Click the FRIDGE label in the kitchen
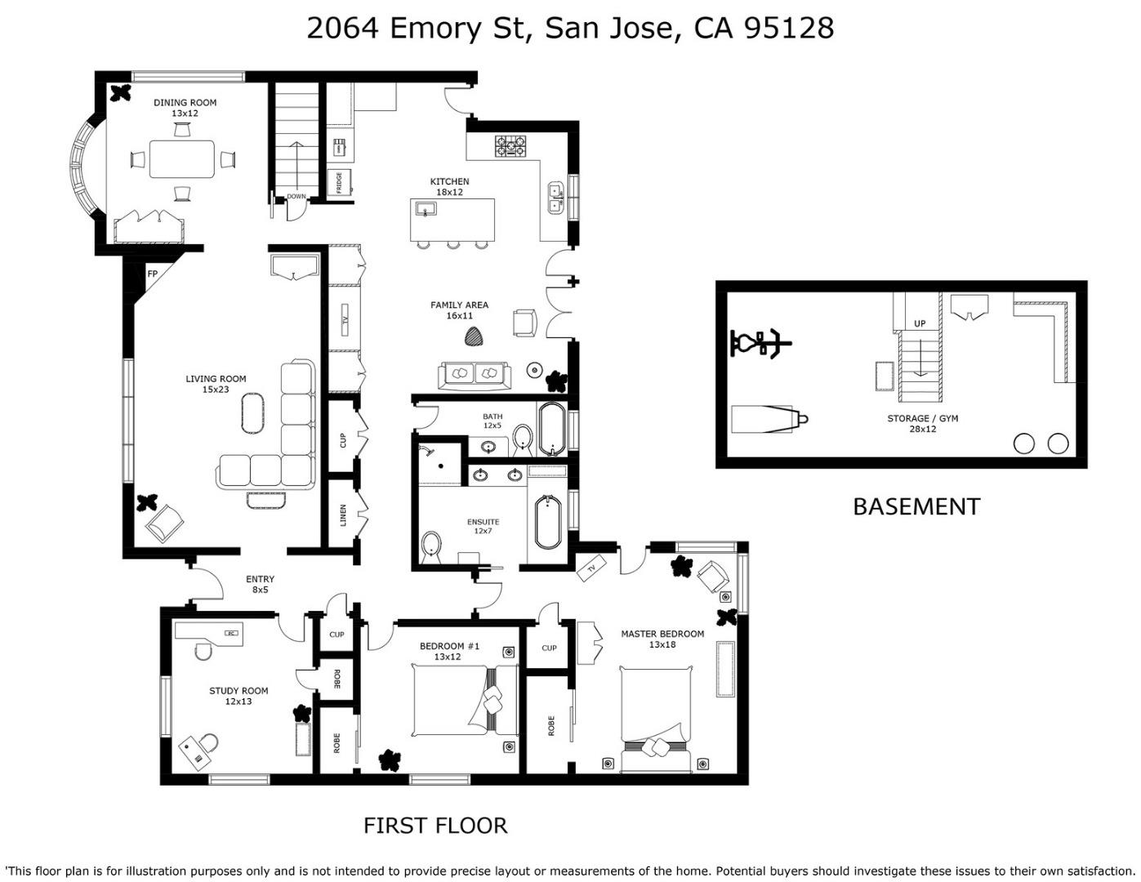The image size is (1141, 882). tap(339, 182)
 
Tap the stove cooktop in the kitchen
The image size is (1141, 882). tap(510, 146)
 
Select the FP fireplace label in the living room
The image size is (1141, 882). tap(152, 274)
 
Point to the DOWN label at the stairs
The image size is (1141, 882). tap(296, 196)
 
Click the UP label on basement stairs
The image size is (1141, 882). tap(920, 323)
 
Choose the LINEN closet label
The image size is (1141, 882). tap(343, 515)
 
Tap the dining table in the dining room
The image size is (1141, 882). tap(182, 158)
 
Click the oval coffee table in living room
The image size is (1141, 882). tap(253, 413)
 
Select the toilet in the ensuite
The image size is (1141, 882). tap(431, 549)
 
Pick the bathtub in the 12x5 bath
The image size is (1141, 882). tap(552, 429)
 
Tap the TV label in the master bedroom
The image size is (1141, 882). tap(592, 568)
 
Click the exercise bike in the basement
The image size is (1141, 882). tap(761, 344)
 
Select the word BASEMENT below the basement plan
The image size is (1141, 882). tap(916, 507)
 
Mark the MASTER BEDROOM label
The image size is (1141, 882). tap(662, 634)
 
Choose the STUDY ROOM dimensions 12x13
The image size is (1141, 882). tap(239, 702)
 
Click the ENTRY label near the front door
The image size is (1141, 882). tap(260, 578)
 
